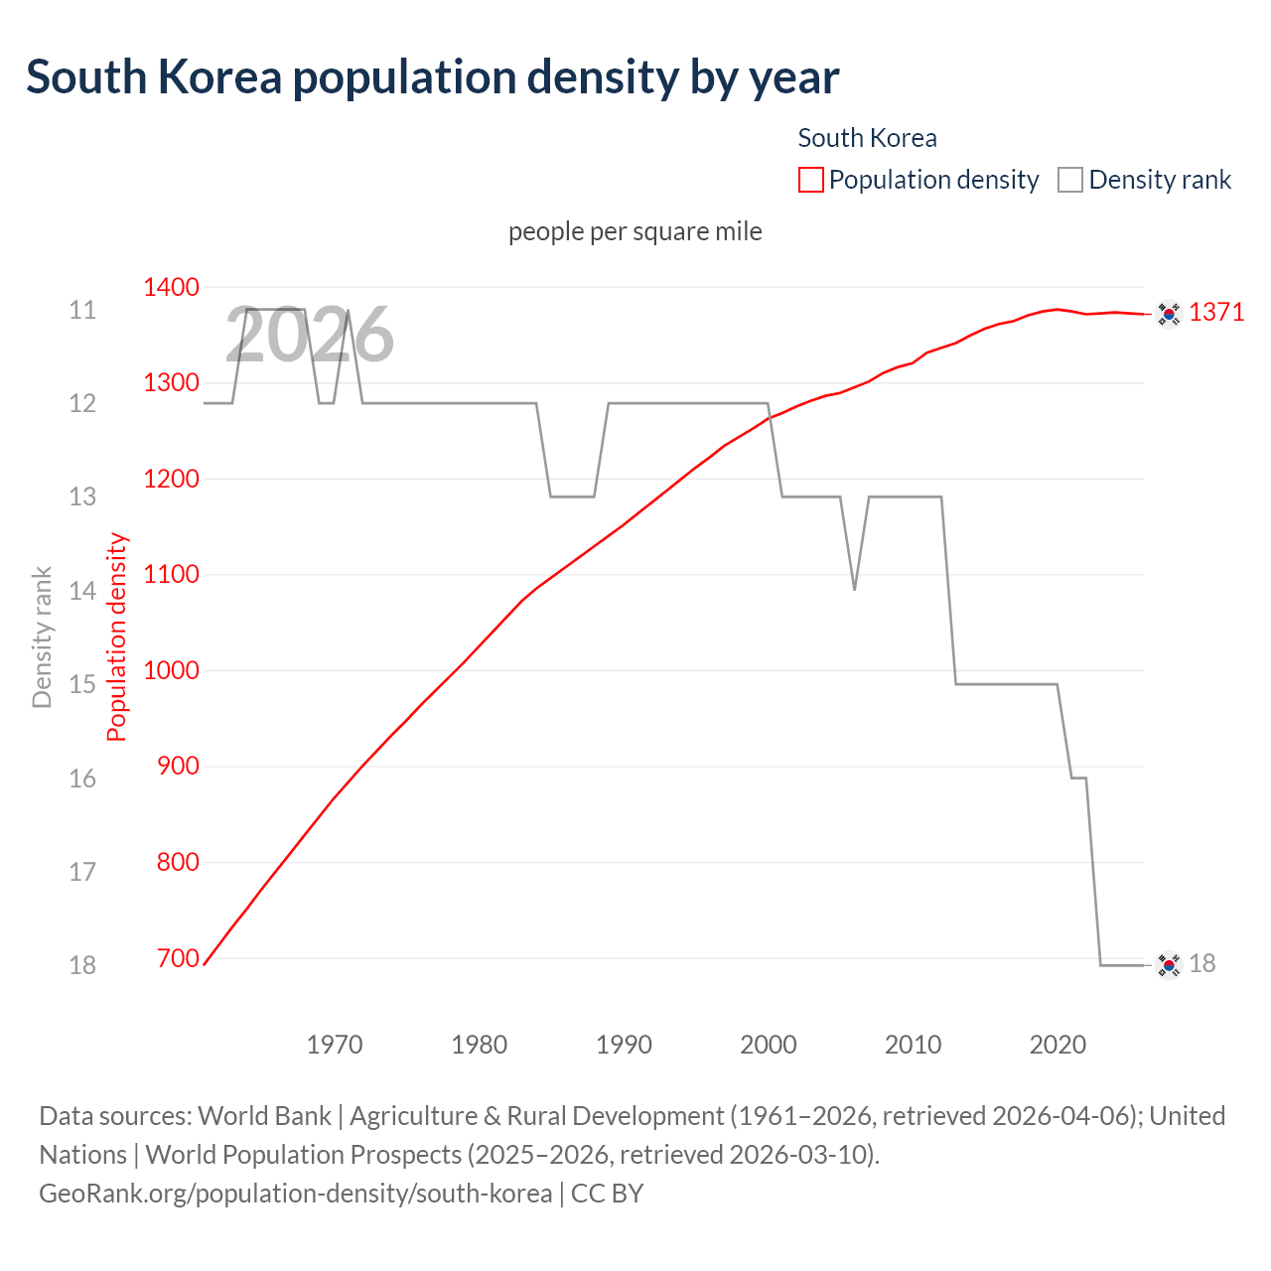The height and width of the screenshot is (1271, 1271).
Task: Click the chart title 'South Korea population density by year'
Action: click(x=432, y=77)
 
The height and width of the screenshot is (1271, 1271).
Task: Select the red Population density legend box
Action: click(x=810, y=180)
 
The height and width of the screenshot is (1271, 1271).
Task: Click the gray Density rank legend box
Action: click(x=1069, y=180)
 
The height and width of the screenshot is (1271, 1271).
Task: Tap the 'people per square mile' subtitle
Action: click(x=635, y=231)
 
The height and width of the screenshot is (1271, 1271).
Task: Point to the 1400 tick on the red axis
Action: click(x=171, y=288)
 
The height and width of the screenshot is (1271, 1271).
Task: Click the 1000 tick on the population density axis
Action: click(x=171, y=670)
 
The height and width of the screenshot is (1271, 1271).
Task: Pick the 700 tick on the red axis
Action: click(x=178, y=958)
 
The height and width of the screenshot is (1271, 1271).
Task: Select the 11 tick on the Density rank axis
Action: click(x=82, y=311)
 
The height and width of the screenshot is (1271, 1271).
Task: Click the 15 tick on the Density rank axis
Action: click(x=82, y=684)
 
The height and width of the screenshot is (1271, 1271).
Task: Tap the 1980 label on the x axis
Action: click(x=479, y=1045)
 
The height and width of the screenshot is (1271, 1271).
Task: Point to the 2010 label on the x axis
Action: click(x=913, y=1045)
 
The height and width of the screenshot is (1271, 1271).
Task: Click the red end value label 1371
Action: click(x=1216, y=313)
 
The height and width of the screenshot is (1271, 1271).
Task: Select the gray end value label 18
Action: click(x=1201, y=964)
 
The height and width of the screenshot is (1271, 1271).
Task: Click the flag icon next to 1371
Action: click(x=1169, y=314)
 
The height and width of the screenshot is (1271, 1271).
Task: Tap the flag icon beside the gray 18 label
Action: click(x=1169, y=964)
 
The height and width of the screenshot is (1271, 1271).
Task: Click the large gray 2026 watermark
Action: click(x=309, y=336)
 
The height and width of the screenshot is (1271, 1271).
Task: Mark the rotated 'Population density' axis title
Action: click(x=117, y=636)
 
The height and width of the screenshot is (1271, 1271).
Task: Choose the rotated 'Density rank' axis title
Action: click(x=42, y=636)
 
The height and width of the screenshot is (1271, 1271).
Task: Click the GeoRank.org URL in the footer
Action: click(x=295, y=1193)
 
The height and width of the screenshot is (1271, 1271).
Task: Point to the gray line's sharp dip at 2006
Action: click(x=854, y=589)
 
